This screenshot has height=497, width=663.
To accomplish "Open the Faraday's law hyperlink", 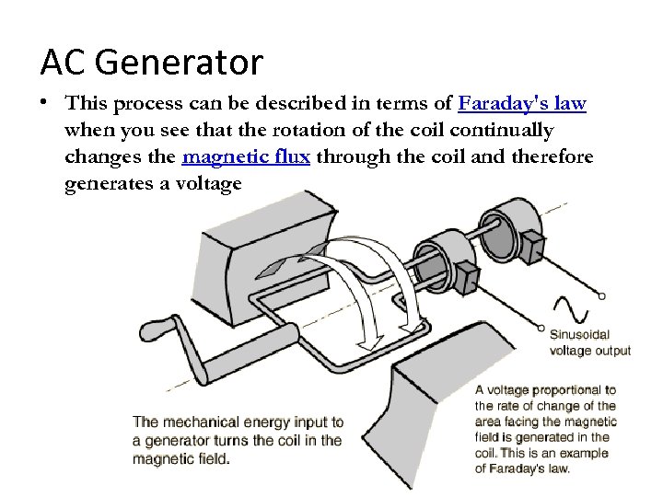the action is (x=521, y=103).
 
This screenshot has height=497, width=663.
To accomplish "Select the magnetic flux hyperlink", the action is (x=246, y=156).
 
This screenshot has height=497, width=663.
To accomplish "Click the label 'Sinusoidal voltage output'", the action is (x=589, y=342).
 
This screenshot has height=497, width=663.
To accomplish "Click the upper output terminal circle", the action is (x=601, y=296).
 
